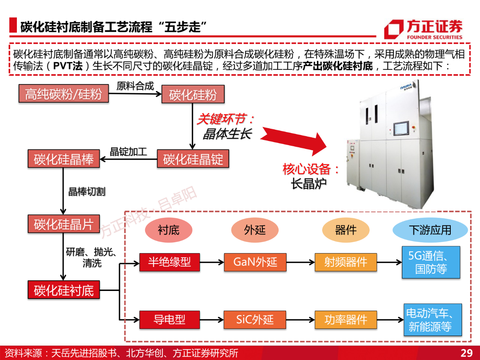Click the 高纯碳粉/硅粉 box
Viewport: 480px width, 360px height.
(63, 94)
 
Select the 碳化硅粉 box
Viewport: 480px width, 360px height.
(193, 94)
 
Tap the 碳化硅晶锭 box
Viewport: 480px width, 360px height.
(193, 159)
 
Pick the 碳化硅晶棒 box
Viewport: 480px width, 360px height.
(64, 159)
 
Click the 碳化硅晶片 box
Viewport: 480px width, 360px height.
(64, 224)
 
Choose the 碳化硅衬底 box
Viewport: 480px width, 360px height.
(64, 290)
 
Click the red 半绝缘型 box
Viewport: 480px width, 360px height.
(169, 262)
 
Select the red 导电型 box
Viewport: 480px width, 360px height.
(169, 320)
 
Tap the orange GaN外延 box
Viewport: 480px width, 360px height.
(255, 262)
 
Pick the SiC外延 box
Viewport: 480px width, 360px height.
(255, 320)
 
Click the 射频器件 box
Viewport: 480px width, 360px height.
(345, 262)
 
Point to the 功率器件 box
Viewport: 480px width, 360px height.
(345, 320)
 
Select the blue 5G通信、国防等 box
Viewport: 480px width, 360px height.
(431, 262)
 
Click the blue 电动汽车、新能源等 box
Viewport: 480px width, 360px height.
(432, 320)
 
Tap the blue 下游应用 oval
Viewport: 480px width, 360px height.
(430, 230)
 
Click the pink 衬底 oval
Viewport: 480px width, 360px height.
(169, 230)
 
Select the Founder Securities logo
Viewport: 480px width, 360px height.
(423, 29)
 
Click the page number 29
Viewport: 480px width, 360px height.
(466, 353)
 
